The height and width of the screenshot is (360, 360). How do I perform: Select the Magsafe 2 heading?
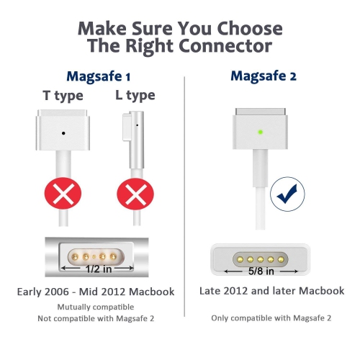(x=264, y=76)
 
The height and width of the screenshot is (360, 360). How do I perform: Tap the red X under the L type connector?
(x=132, y=194)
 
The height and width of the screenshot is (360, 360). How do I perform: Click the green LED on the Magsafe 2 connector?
(x=259, y=132)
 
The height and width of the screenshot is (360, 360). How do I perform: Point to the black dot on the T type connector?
(x=65, y=132)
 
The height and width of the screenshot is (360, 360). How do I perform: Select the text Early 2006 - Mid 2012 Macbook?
(x=96, y=292)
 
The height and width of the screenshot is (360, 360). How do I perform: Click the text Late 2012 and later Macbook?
(x=272, y=291)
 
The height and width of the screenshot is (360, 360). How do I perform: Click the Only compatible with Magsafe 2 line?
(x=272, y=318)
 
